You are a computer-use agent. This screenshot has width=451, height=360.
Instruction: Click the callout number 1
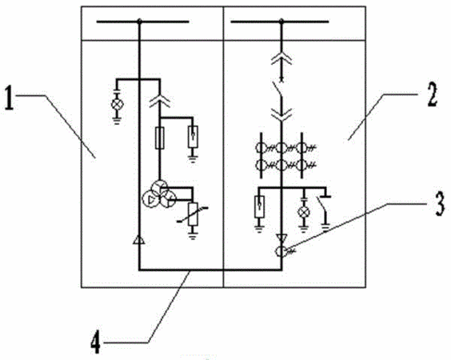point(10,99)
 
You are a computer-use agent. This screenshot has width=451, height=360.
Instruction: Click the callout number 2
point(432,94)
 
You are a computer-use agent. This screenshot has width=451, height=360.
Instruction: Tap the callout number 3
point(440,204)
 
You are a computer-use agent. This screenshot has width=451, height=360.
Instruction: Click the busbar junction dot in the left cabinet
point(139,22)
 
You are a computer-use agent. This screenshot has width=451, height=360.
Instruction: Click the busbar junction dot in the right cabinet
point(281,21)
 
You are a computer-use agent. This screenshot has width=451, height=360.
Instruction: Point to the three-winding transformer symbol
point(159,194)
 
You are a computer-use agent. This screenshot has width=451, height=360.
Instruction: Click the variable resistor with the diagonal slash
point(193,214)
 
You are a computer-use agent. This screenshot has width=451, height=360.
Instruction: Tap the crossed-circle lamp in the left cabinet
point(117,104)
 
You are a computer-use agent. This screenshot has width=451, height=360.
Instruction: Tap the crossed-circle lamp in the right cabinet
point(303,212)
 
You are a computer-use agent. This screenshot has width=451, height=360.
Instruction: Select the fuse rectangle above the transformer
point(160,138)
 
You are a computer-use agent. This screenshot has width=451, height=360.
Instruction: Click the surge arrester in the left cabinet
point(193,137)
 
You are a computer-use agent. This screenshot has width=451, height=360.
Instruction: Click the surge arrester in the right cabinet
point(259,206)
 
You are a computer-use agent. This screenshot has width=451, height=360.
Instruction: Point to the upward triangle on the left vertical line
point(139,240)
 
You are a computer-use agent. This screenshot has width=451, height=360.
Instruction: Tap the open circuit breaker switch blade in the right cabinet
point(278,90)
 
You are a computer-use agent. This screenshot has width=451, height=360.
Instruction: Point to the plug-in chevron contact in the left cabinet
point(160,101)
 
